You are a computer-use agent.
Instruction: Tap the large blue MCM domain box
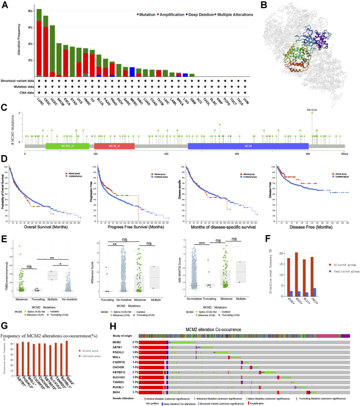pyautogui.click(x=248, y=145)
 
